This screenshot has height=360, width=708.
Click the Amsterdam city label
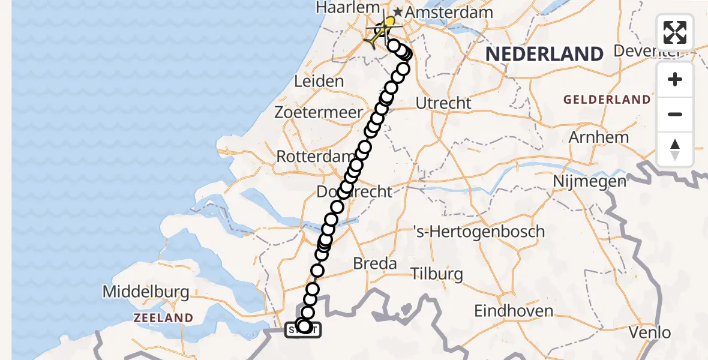coord(450,13)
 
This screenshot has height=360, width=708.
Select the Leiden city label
coord(319,81)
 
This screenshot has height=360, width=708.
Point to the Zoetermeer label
coord(319,112)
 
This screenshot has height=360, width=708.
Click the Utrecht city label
coord(443,103)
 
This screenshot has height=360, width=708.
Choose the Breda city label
coord(375,263)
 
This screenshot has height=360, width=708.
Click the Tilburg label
coord(437,274)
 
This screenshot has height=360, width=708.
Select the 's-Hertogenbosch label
coord(479,231)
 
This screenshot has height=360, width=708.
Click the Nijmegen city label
coord(589,180)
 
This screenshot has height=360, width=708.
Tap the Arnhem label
coord(599,137)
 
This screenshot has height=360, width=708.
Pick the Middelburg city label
coord(146,292)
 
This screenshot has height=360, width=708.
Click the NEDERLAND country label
coord(544,55)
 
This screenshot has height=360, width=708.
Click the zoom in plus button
coord(675,80)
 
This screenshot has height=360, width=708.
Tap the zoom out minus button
coord(675,114)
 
